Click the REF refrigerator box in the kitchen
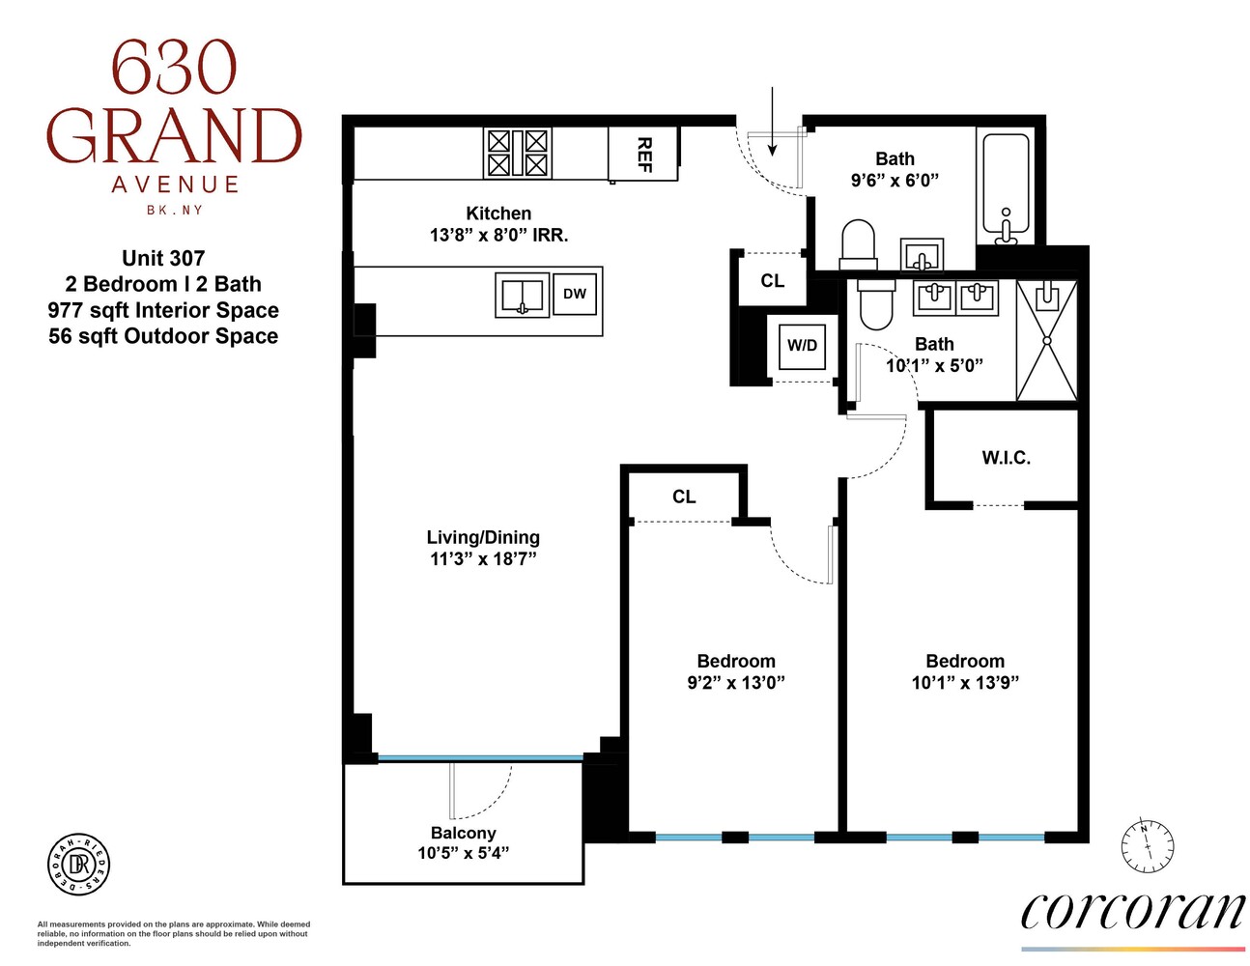[643, 153]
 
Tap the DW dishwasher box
[575, 294]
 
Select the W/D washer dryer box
[802, 345]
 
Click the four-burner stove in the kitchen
[517, 153]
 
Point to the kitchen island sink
[522, 295]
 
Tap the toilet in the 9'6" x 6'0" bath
[857, 245]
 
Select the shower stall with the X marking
[1046, 340]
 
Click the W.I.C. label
[1006, 458]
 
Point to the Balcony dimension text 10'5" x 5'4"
[463, 853]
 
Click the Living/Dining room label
[483, 537]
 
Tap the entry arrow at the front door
[772, 121]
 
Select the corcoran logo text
[1132, 910]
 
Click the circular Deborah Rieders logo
[79, 864]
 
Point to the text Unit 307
[163, 258]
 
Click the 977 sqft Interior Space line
[163, 310]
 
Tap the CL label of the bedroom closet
[684, 497]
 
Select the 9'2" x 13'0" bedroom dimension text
[735, 683]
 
